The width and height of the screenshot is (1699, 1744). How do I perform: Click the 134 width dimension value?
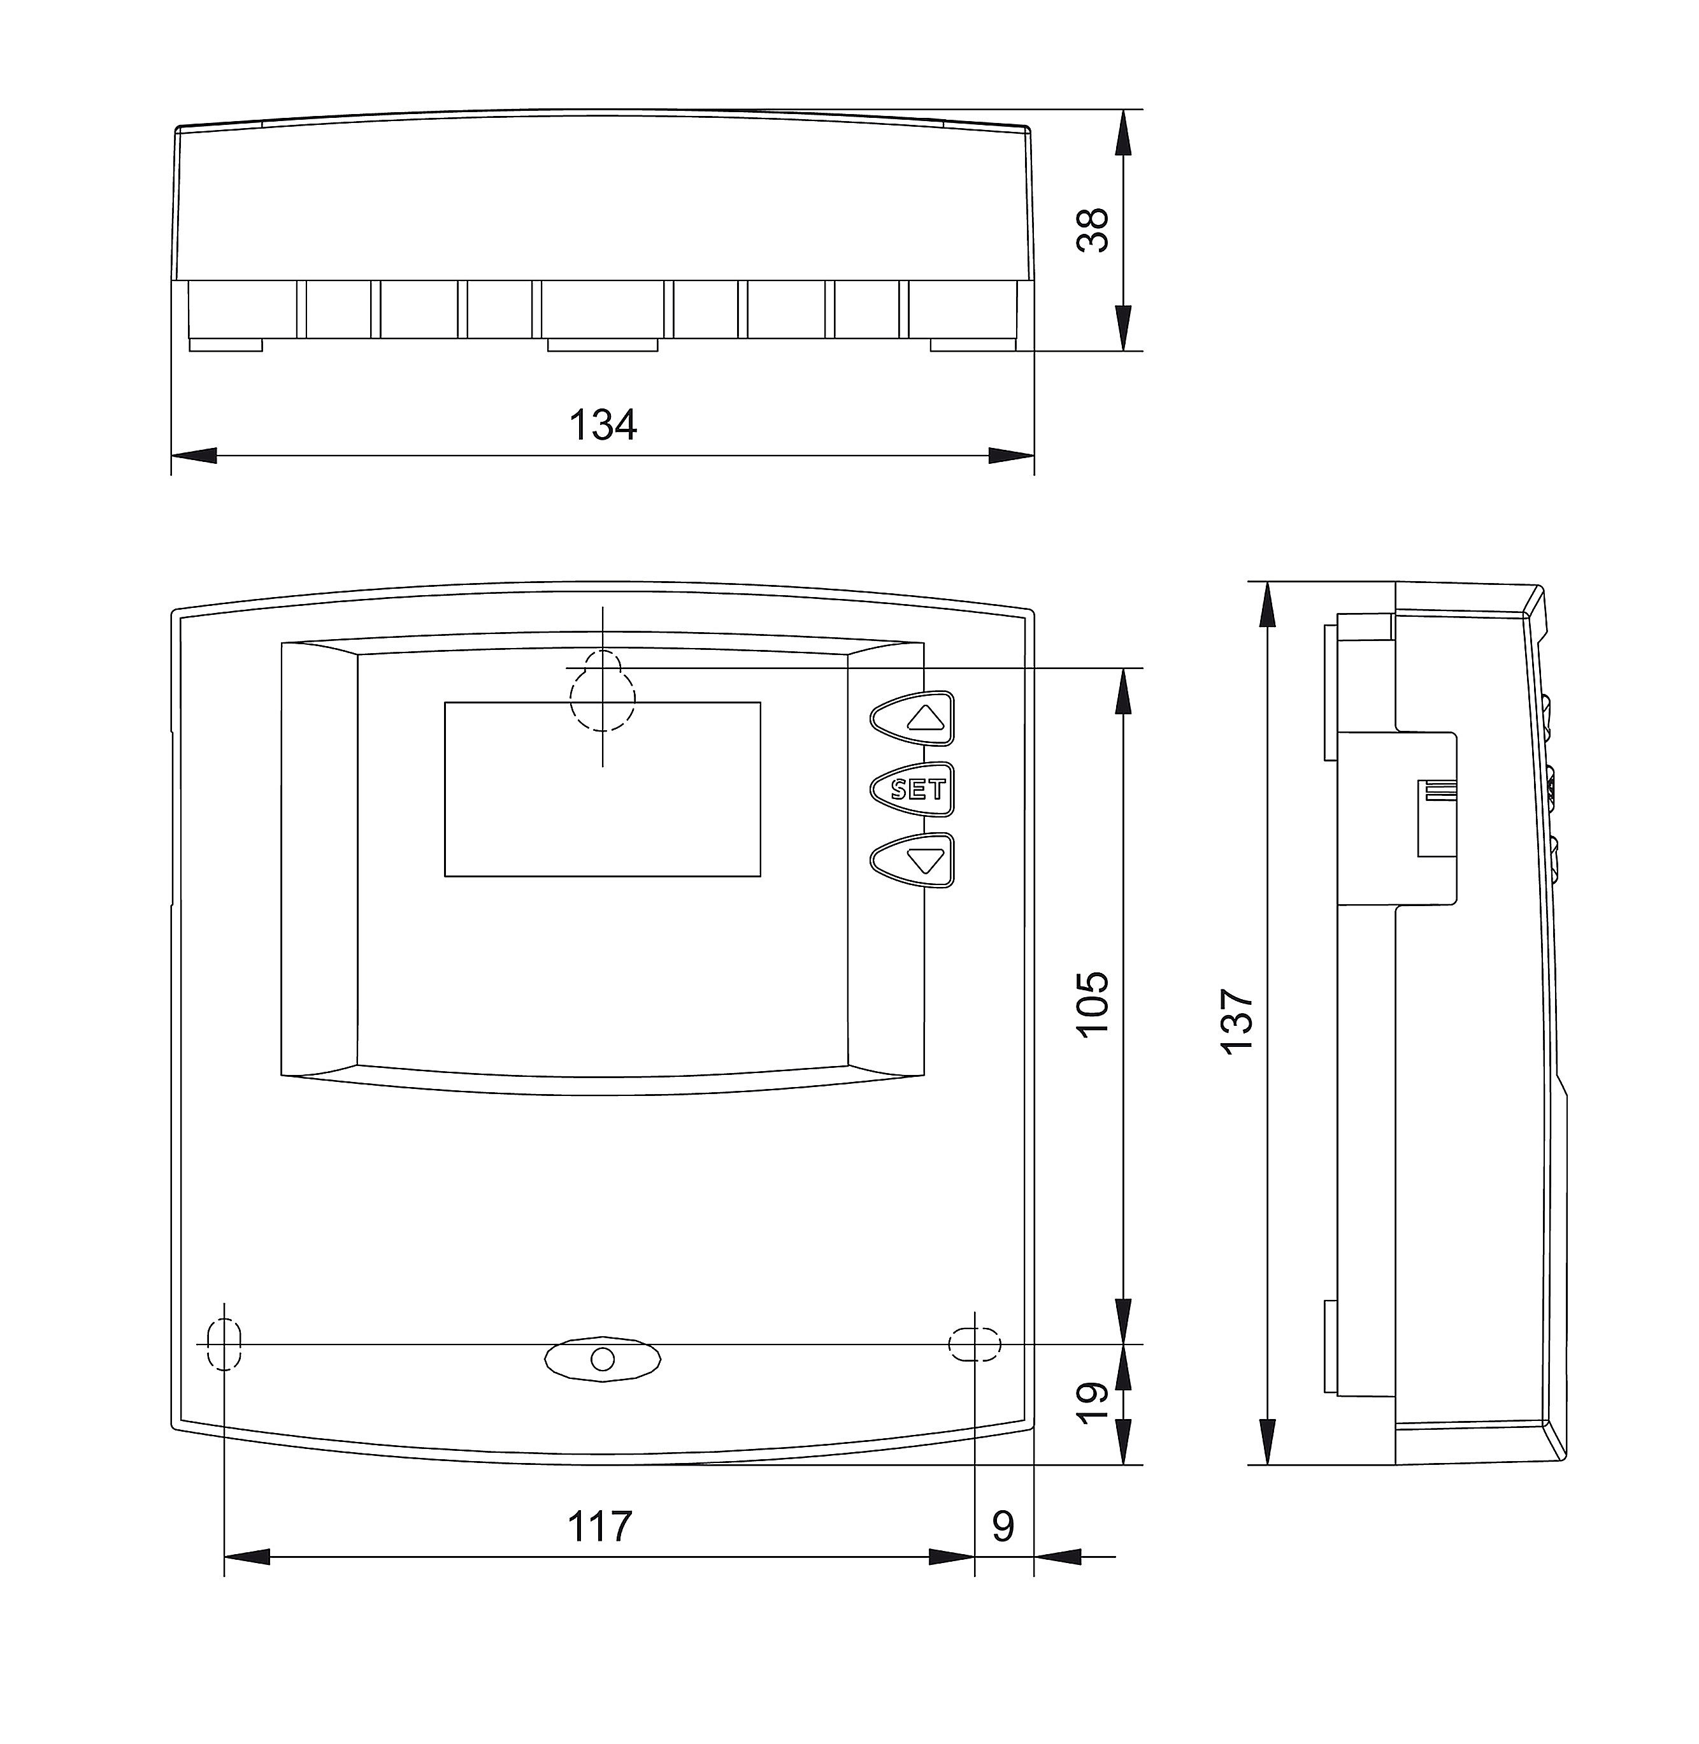click(603, 425)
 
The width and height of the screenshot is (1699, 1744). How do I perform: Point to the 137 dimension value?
click(1238, 1022)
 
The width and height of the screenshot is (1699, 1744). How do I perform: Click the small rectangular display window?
click(602, 789)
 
